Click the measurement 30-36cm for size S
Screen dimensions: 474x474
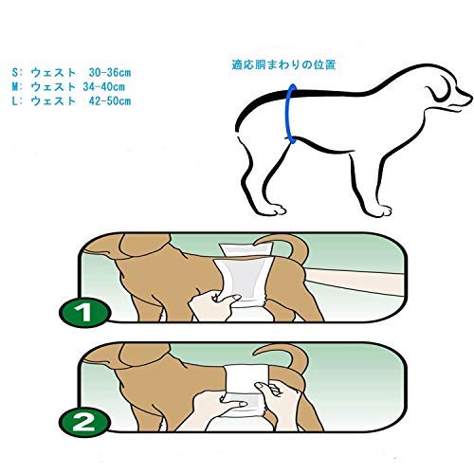110,73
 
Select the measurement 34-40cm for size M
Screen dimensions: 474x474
104,87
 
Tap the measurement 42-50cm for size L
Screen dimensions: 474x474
110,101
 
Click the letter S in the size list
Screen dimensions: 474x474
15,73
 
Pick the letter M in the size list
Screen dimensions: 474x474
15,87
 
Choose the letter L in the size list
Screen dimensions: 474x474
15,101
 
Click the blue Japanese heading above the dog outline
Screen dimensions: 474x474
283,64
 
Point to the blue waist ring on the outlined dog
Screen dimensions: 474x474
288,114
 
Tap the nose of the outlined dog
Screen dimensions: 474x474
469,96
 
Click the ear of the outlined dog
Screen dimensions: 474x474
435,92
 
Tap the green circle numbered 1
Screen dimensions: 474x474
84,313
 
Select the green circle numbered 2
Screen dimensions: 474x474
84,422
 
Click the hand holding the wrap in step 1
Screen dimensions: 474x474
215,306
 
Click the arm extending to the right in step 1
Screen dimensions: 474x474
354,282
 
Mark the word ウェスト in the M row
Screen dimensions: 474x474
53,87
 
